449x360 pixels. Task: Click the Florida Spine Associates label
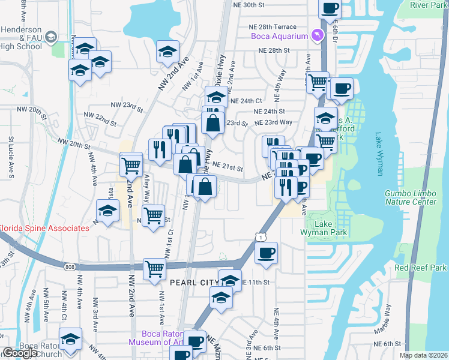coord(44,228)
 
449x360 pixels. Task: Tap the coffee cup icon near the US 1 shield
coord(267,252)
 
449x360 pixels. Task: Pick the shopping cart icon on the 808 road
coord(154,269)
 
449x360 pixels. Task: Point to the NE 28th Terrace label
coord(273,27)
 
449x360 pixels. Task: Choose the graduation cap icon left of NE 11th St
coord(230,280)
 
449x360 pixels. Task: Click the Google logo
coord(20,353)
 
